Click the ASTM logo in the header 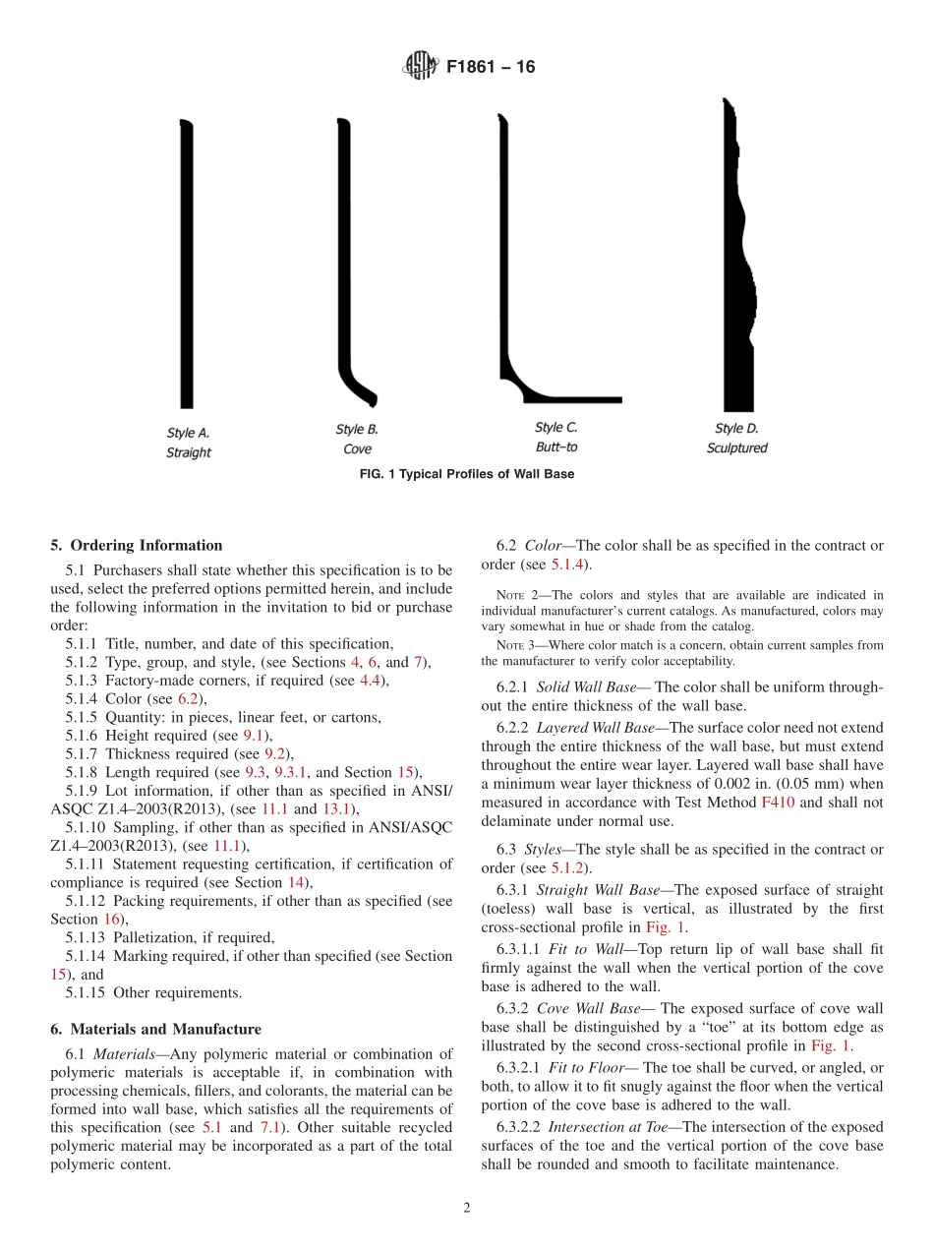coord(421,67)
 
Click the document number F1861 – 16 coord(491,68)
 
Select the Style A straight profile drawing coord(186,266)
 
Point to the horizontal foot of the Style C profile coord(580,399)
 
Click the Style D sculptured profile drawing coord(737,256)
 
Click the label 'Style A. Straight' coord(188,443)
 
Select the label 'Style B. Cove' coord(357,439)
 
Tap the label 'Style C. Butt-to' coord(556,437)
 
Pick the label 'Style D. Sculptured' coord(736,438)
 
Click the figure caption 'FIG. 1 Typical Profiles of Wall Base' coord(467,474)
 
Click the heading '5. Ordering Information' coord(137,545)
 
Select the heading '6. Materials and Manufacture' coord(156,1029)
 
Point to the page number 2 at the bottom coord(467,1209)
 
